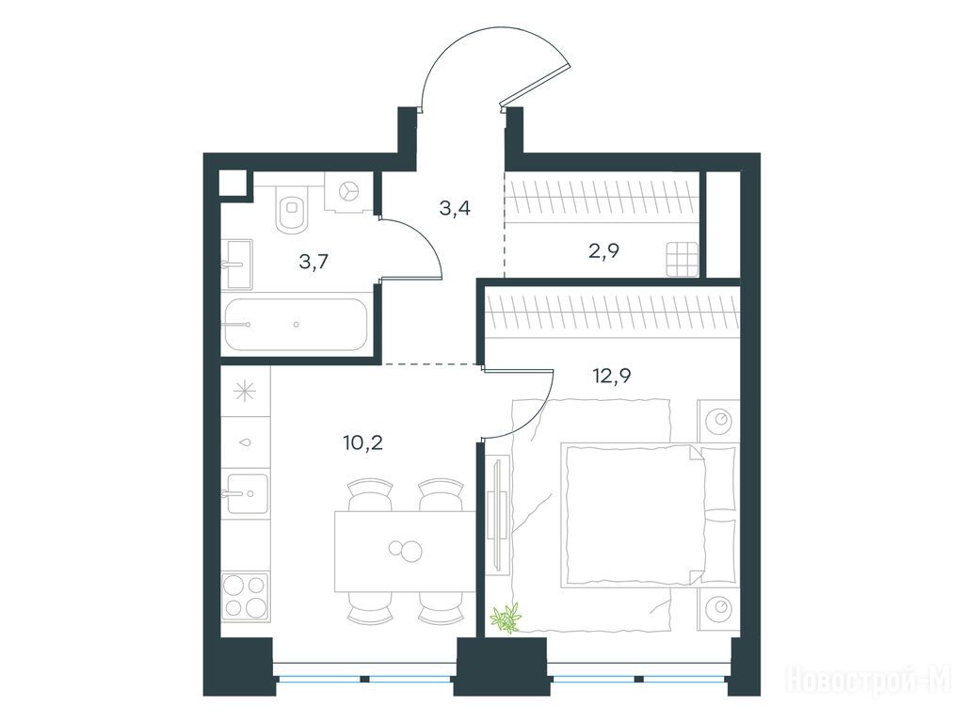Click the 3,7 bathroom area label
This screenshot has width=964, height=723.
click(x=313, y=262)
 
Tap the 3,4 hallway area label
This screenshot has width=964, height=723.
click(x=455, y=208)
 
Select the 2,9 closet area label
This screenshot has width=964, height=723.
click(x=603, y=250)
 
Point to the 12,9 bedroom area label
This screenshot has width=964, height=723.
click(x=612, y=375)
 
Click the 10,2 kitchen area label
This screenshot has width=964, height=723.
click(x=363, y=442)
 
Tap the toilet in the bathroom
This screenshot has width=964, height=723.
click(x=292, y=209)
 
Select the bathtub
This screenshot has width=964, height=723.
click(x=296, y=325)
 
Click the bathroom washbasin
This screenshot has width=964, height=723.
click(x=236, y=265)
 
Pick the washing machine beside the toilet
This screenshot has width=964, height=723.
click(x=349, y=191)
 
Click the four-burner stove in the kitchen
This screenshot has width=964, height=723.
click(x=246, y=596)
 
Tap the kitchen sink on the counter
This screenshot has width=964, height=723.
click(x=248, y=493)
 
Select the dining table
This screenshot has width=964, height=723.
click(x=405, y=551)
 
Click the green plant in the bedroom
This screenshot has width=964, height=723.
click(x=506, y=618)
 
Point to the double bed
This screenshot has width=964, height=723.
click(x=649, y=515)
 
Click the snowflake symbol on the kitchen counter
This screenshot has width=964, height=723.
click(x=246, y=391)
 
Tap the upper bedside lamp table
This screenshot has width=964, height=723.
click(x=718, y=421)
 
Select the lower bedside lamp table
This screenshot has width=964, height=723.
click(x=718, y=609)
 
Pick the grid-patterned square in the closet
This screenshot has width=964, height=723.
click(x=683, y=260)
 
